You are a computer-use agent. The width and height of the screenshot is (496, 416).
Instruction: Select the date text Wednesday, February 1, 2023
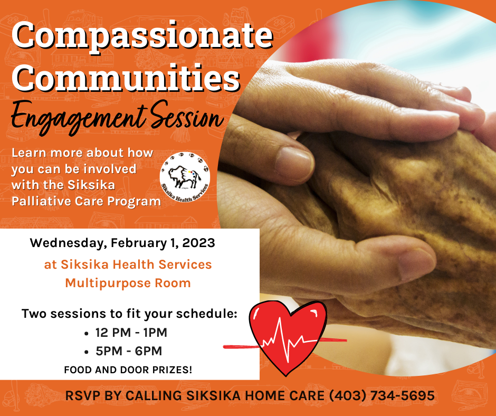122,243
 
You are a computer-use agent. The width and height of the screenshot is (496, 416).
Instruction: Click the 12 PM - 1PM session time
131,333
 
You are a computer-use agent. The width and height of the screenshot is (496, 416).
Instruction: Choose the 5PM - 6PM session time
128,351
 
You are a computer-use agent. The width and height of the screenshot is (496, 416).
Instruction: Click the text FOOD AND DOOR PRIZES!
128,370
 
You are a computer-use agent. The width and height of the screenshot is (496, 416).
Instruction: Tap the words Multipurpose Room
128,283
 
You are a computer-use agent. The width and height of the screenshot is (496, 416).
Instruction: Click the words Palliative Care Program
86,201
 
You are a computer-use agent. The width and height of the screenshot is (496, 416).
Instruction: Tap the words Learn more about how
82,153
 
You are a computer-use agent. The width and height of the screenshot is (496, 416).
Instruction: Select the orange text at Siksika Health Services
128,264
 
